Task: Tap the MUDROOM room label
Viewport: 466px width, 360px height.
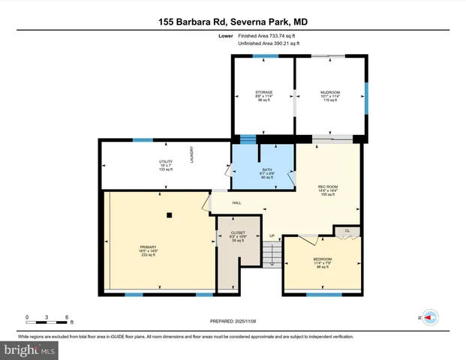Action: (x=330, y=91)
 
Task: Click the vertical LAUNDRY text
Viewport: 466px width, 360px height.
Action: (x=192, y=155)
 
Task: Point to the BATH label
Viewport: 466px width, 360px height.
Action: (x=266, y=169)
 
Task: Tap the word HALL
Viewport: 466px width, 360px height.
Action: (x=236, y=202)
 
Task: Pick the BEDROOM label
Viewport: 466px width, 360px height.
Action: (x=322, y=259)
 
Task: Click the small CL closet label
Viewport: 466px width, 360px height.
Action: (x=347, y=229)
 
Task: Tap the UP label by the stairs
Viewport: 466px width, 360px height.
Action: (x=272, y=236)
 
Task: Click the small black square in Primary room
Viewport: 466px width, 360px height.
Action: (x=170, y=215)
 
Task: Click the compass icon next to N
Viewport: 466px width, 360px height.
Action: (x=430, y=318)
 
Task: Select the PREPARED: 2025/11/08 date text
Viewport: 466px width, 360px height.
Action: (x=233, y=321)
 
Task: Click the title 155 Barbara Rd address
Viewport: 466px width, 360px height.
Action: (x=233, y=22)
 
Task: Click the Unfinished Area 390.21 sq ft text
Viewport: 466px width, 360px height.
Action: (x=269, y=44)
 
